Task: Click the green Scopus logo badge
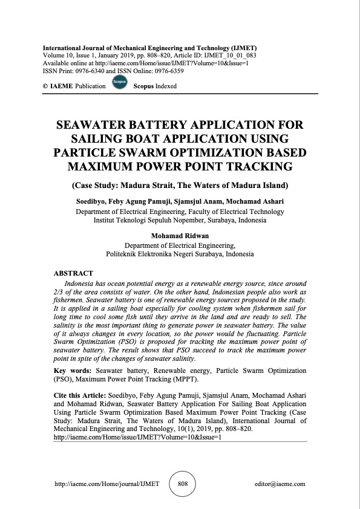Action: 119,84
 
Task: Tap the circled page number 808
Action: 182,484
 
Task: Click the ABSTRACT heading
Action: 73,273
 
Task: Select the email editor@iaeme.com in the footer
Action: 281,484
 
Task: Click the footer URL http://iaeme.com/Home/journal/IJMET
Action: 107,484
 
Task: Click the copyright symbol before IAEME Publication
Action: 45,86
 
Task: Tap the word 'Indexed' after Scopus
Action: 165,86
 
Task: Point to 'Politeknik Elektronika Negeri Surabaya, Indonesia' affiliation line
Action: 180,254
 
